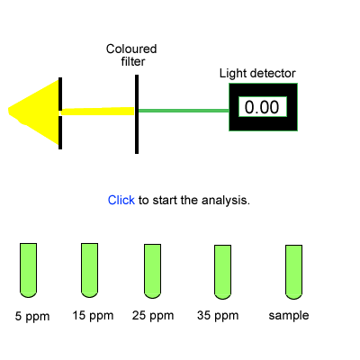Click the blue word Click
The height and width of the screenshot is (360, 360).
click(x=121, y=200)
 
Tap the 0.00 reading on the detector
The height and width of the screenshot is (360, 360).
click(x=262, y=107)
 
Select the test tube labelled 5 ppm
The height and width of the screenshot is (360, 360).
click(x=28, y=270)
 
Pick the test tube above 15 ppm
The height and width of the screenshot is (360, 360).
click(x=89, y=270)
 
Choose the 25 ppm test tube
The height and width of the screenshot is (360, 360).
click(x=152, y=271)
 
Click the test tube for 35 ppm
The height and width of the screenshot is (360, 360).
click(x=222, y=272)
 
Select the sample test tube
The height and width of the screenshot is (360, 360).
click(x=293, y=272)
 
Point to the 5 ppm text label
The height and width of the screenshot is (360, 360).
click(x=32, y=317)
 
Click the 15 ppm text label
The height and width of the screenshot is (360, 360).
click(x=93, y=316)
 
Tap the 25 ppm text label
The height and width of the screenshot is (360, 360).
click(x=153, y=316)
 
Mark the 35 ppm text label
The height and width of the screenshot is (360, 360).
click(x=218, y=316)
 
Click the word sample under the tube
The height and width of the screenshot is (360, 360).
click(x=289, y=316)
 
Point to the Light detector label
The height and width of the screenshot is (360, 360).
click(x=257, y=74)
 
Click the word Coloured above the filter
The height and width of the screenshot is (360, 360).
click(x=131, y=49)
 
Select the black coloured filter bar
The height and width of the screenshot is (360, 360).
click(x=137, y=114)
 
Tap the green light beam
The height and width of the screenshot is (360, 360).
click(x=184, y=111)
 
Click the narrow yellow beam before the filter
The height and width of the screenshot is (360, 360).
click(x=98, y=112)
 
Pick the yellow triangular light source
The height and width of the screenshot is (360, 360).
click(x=34, y=112)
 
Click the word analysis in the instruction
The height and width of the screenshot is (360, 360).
click(x=225, y=200)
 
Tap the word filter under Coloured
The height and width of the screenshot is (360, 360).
click(x=133, y=61)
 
